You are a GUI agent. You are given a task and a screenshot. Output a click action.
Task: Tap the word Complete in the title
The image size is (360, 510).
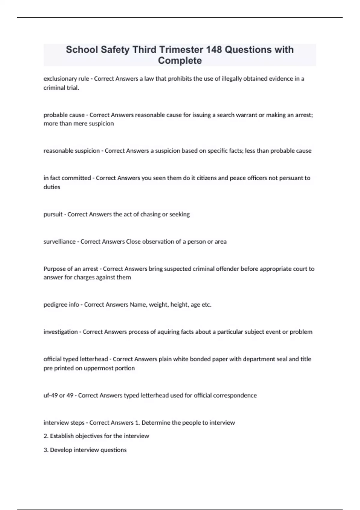[180, 61]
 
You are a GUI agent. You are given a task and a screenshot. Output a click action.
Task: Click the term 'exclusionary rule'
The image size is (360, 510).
[66, 79]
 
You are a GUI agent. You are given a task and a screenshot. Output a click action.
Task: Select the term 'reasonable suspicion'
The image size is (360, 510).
[72, 151]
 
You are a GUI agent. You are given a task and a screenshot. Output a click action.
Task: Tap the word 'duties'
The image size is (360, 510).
[52, 187]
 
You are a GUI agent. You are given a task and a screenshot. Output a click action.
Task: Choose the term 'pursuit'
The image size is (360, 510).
[53, 214]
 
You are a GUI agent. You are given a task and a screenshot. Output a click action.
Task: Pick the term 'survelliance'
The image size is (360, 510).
[59, 241]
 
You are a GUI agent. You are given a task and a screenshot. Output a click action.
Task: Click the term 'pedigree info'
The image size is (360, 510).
[61, 304]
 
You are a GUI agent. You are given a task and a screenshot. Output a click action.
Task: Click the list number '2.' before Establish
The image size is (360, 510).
[46, 436]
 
